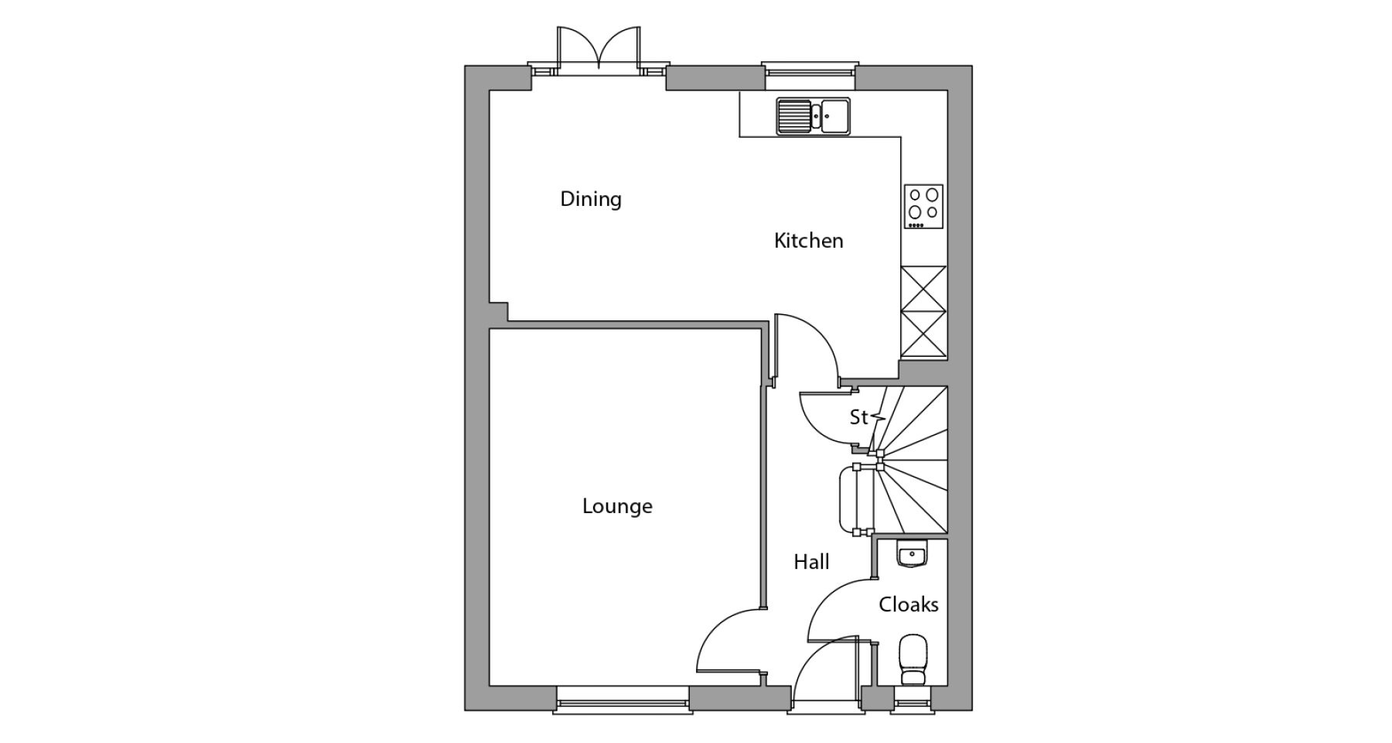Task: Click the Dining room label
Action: pos(591,200)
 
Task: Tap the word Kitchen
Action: pos(808,241)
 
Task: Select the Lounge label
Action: pos(617,506)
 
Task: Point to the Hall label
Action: pos(811,562)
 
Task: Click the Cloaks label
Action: pos(909,604)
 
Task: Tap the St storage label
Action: pos(858,417)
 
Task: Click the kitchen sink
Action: pos(814,116)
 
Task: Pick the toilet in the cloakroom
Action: pos(914,659)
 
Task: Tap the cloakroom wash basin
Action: pos(913,555)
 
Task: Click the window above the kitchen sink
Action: pos(810,69)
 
